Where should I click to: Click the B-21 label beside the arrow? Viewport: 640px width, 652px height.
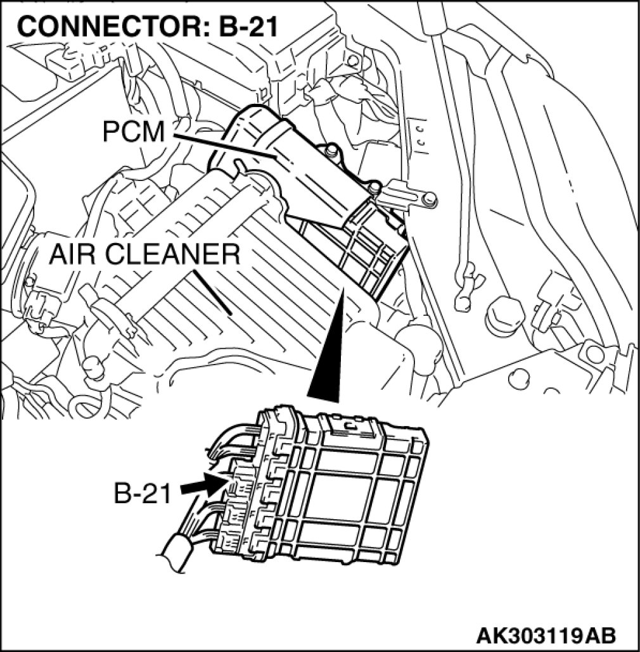coord(143,493)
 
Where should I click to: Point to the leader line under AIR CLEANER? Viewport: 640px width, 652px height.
coord(214,292)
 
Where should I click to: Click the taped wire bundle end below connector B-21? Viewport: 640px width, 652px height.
coord(177,549)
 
